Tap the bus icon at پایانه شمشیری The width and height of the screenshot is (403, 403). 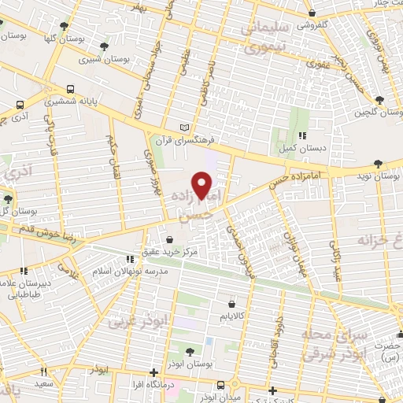71,89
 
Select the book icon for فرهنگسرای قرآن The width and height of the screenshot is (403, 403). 185,127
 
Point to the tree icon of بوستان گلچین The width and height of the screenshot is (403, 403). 380,100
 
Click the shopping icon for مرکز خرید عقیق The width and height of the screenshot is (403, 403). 170,240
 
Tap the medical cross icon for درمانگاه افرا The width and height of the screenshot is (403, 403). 153,372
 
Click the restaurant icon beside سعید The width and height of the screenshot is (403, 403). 44,372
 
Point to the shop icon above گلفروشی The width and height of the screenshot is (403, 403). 312,13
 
